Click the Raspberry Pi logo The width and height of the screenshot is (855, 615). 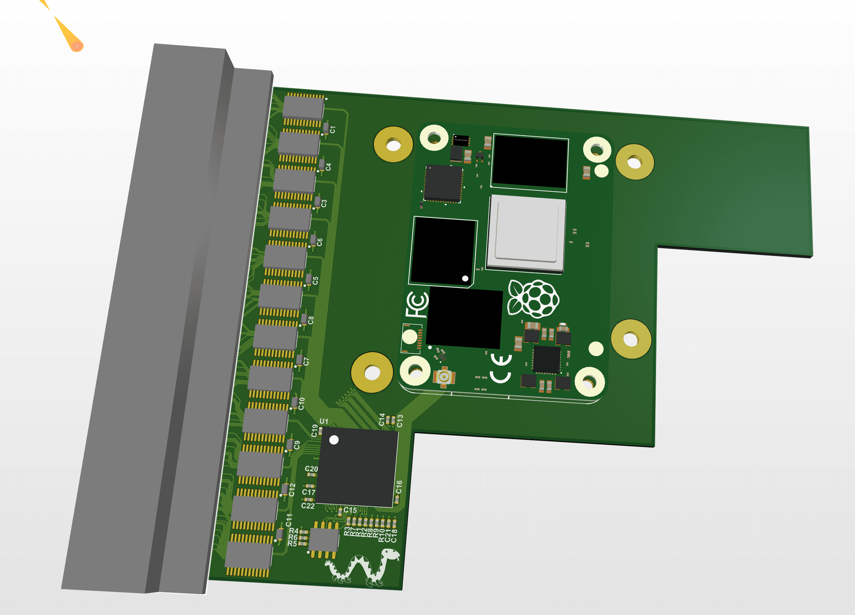click(x=534, y=299)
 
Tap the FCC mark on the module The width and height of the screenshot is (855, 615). click(x=417, y=304)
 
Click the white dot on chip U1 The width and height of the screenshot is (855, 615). click(x=334, y=440)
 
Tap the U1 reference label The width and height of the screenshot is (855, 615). click(x=324, y=421)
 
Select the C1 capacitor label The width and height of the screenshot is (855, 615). click(x=333, y=130)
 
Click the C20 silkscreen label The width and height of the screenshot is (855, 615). click(x=311, y=469)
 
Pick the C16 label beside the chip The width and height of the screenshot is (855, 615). click(x=399, y=487)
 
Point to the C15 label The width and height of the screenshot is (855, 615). click(x=350, y=510)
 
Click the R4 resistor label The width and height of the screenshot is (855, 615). click(x=294, y=531)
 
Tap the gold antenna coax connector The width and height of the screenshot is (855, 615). click(x=444, y=376)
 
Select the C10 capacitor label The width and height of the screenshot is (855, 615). click(x=301, y=404)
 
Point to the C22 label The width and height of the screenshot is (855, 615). click(x=308, y=506)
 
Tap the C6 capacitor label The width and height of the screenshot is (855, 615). click(x=319, y=242)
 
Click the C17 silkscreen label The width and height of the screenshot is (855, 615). click(x=308, y=492)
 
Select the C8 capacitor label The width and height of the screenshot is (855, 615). click(x=311, y=320)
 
